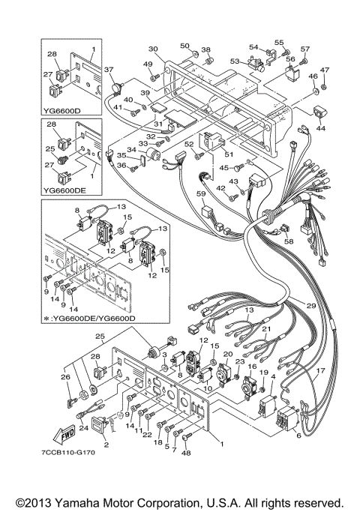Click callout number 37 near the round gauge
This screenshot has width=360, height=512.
click(x=109, y=69)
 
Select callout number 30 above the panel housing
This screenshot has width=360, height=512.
click(x=151, y=48)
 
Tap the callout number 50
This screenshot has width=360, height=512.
click(x=184, y=46)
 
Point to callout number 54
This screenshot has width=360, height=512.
click(x=253, y=47)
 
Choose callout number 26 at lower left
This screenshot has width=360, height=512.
click(x=64, y=377)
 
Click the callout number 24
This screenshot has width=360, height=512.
click(x=84, y=429)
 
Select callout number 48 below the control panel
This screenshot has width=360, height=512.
click(x=186, y=452)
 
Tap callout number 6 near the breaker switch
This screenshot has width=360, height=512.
click(x=299, y=436)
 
